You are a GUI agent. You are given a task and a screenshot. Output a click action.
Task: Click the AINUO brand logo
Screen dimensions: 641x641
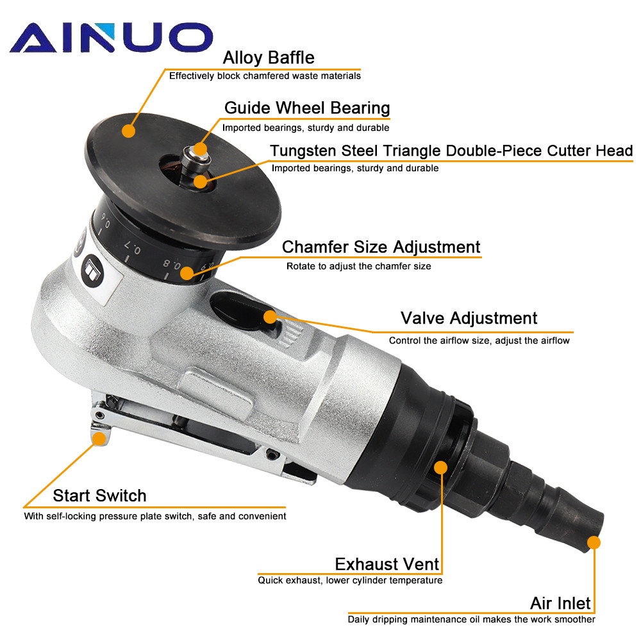pyautogui.click(x=111, y=37)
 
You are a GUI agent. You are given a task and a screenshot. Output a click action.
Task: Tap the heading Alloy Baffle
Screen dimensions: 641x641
pyautogui.click(x=269, y=58)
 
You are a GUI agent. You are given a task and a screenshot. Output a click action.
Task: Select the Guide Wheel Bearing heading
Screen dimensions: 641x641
pyautogui.click(x=307, y=108)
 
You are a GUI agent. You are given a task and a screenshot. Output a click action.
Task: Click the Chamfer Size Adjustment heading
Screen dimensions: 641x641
pyautogui.click(x=381, y=247)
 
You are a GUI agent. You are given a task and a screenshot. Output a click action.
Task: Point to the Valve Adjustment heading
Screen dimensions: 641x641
pyautogui.click(x=469, y=318)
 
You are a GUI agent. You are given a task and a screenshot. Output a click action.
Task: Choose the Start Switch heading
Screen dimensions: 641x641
pyautogui.click(x=100, y=495)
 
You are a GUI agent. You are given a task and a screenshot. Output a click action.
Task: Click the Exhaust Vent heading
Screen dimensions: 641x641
pyautogui.click(x=387, y=564)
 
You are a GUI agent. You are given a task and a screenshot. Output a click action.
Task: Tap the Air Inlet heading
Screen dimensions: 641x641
pyautogui.click(x=560, y=603)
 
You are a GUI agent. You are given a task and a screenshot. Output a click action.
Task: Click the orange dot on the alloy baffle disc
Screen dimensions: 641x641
pyautogui.click(x=128, y=131)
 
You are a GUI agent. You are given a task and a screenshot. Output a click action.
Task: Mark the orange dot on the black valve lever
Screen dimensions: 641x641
pyautogui.click(x=270, y=317)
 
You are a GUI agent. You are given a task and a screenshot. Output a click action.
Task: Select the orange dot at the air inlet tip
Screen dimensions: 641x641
pyautogui.click(x=594, y=542)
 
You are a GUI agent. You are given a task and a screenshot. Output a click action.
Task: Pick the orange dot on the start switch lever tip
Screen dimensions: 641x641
pyautogui.click(x=99, y=438)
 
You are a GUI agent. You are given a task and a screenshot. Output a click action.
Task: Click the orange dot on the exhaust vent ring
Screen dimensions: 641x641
pyautogui.click(x=441, y=467)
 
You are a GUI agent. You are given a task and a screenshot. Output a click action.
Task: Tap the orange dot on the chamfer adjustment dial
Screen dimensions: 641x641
pyautogui.click(x=187, y=273)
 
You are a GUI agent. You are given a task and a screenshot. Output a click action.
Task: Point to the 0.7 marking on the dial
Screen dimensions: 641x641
pyautogui.click(x=133, y=247)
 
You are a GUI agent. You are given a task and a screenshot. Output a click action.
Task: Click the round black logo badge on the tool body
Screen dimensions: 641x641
pyautogui.click(x=92, y=271)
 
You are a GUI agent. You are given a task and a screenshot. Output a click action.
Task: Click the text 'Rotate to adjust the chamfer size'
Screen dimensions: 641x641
pyautogui.click(x=358, y=266)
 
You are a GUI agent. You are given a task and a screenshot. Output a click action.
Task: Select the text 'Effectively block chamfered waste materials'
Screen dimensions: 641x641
pyautogui.click(x=265, y=76)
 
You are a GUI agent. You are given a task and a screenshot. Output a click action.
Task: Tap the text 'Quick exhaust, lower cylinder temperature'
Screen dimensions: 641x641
pyautogui.click(x=350, y=581)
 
